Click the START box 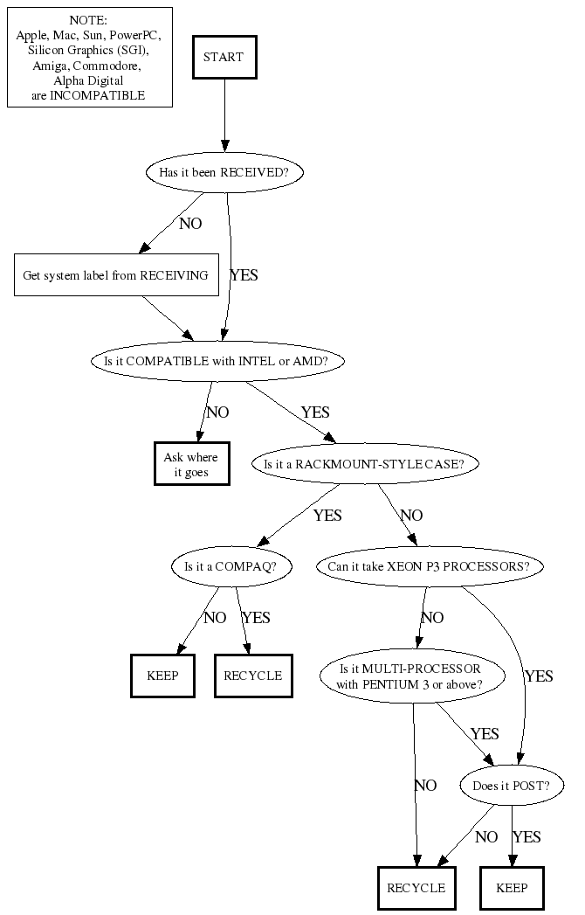[x=224, y=57]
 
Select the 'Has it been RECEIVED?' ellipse [x=224, y=172]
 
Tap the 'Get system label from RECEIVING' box [x=115, y=275]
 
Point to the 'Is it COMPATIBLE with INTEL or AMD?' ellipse [x=217, y=360]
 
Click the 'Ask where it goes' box [x=191, y=465]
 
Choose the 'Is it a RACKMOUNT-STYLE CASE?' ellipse [x=366, y=464]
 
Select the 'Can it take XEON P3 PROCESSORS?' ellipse [x=428, y=566]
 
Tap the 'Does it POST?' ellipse [x=511, y=786]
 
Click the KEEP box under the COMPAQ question [x=162, y=676]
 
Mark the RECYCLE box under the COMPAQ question [x=252, y=676]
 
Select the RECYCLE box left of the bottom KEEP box [x=416, y=888]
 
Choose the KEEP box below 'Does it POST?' [x=512, y=888]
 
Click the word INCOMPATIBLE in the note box [x=97, y=94]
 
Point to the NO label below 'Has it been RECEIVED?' [x=190, y=224]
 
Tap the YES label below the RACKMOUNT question [x=327, y=516]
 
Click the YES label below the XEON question [x=539, y=676]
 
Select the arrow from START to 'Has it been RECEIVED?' [x=224, y=114]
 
